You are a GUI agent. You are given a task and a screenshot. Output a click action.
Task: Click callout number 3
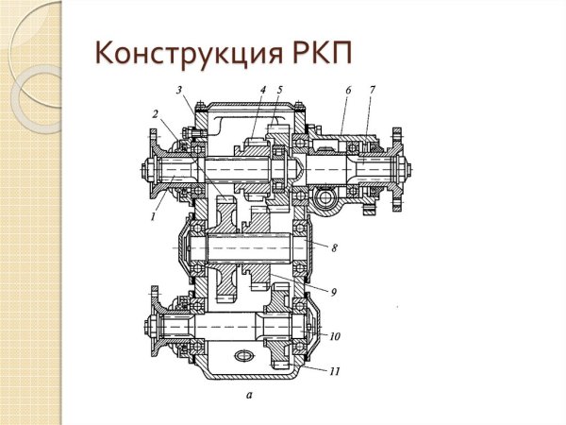pos(178,90)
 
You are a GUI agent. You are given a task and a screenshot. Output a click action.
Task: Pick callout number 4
pos(263,90)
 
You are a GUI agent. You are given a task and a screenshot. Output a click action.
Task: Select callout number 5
pos(279,90)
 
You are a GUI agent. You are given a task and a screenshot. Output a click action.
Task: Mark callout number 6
pos(347,89)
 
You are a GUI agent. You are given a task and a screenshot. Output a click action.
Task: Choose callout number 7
pos(373,89)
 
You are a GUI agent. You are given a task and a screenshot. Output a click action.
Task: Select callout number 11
pos(334,372)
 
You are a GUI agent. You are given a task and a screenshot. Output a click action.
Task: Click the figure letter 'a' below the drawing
pos(248,398)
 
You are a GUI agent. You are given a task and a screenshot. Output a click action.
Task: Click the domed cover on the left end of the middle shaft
pos(180,247)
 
